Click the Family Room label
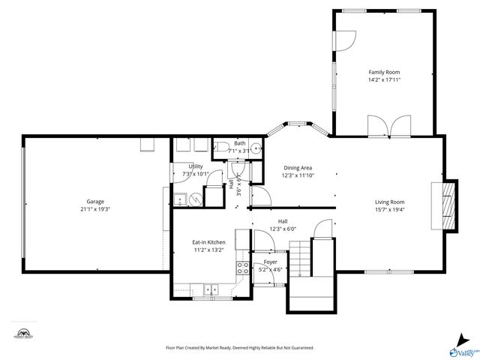click(384, 72)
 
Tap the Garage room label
click(94, 201)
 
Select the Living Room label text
click(389, 202)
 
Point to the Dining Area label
click(297, 168)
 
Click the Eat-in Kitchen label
click(208, 242)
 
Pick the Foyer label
click(270, 262)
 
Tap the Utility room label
click(196, 166)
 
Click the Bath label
click(239, 143)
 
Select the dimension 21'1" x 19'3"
click(94, 209)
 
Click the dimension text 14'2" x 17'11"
click(384, 79)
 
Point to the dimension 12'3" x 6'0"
click(283, 229)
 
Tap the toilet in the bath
click(223, 147)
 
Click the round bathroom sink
click(256, 148)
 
